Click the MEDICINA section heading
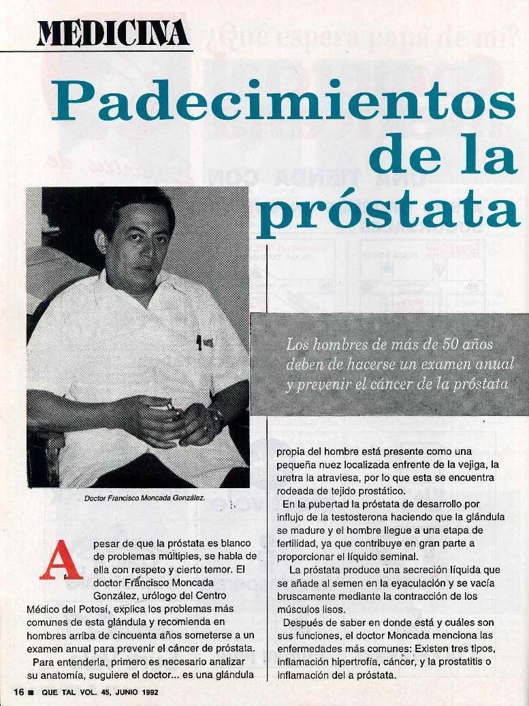pos(113,33)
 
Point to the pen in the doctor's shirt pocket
pos(199,342)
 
